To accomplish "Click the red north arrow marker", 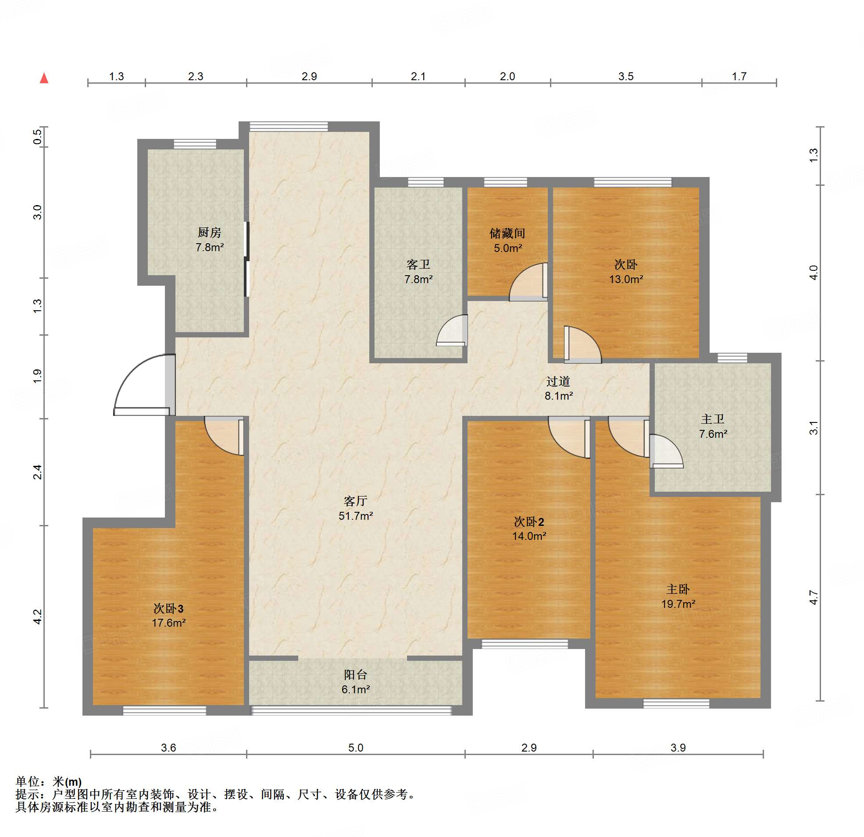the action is coord(44,78).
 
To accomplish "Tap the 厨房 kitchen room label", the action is coord(209,232).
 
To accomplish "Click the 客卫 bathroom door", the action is coord(452,330).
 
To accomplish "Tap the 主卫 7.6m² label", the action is coord(713,426).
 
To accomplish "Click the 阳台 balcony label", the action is coord(356,674).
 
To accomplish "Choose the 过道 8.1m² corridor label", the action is coord(558,389).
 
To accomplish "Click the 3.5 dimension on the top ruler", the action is coord(625,76).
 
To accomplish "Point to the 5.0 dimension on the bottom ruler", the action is coord(356,748).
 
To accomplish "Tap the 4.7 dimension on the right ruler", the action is coord(814,597).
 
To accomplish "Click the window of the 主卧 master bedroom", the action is coord(676,703).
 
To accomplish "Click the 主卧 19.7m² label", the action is coord(678,596).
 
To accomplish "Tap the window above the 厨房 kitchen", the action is coord(195,144).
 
